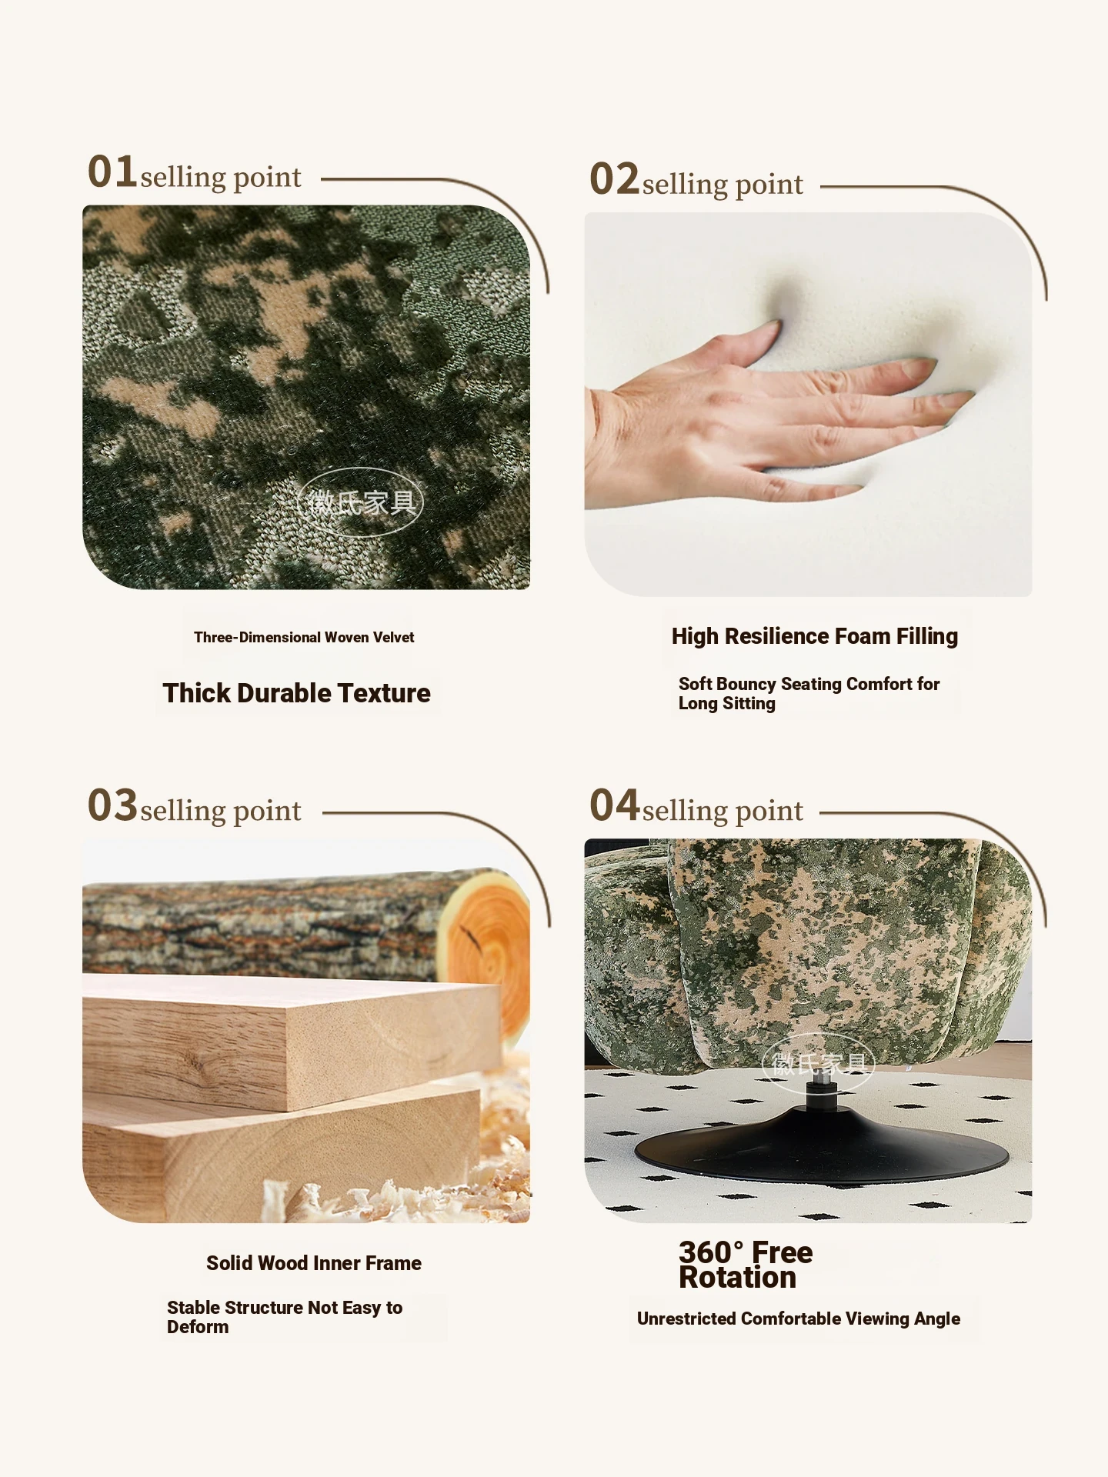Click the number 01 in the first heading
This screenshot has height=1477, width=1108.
click(x=112, y=171)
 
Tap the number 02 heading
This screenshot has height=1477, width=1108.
click(x=614, y=178)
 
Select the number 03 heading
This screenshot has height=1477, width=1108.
click(x=112, y=805)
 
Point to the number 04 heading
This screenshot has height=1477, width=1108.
click(x=614, y=805)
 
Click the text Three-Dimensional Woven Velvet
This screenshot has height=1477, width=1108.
click(x=304, y=637)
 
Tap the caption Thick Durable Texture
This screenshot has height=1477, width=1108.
click(x=296, y=693)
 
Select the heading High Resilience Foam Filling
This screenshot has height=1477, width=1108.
click(x=815, y=636)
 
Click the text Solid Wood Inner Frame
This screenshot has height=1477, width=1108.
click(x=314, y=1263)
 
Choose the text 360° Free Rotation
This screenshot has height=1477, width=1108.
click(x=745, y=1265)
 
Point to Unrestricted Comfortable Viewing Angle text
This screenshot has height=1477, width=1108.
click(x=799, y=1319)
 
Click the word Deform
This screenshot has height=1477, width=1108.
click(x=198, y=1327)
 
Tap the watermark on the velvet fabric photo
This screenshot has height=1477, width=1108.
click(x=360, y=502)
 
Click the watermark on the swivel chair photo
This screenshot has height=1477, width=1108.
click(x=819, y=1064)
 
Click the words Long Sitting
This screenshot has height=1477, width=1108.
click(x=726, y=703)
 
